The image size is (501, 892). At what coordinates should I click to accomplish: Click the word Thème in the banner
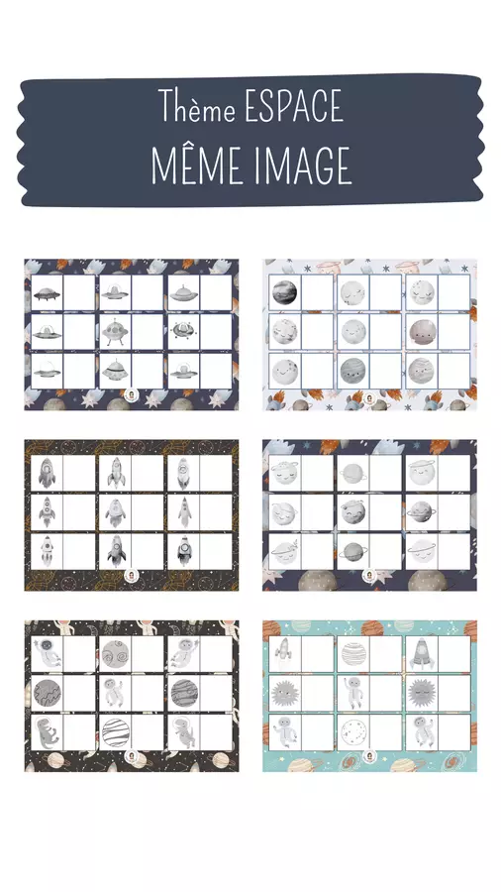(x=196, y=105)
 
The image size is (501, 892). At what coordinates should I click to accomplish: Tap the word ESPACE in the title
(x=294, y=106)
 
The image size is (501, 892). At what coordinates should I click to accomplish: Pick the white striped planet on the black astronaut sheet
(x=115, y=731)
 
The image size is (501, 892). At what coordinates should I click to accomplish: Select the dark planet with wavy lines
(x=48, y=692)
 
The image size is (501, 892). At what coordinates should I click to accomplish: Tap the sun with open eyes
(x=284, y=693)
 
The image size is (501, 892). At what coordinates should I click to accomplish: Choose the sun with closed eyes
(x=421, y=693)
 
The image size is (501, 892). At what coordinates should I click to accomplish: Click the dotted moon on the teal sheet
(x=353, y=731)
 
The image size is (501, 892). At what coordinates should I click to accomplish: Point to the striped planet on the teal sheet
(x=353, y=653)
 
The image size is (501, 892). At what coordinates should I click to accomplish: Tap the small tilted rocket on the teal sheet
(x=283, y=652)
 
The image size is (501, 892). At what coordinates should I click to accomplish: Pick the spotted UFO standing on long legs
(x=115, y=332)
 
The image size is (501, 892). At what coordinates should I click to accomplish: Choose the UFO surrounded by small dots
(x=183, y=330)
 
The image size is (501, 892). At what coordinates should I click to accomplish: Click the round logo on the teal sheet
(x=369, y=755)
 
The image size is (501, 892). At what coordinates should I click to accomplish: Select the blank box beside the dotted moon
(x=386, y=732)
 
